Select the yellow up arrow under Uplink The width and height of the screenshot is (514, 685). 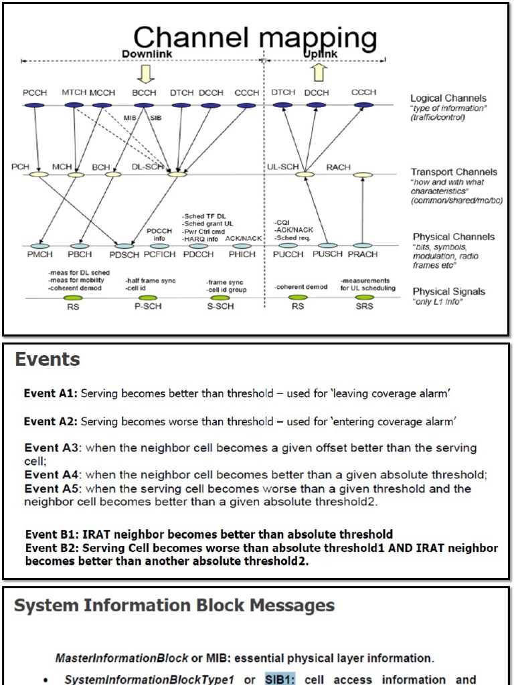coord(319,72)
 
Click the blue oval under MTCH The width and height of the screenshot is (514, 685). coord(74,105)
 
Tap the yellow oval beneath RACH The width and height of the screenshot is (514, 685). coord(363,175)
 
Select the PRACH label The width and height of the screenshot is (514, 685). coord(362,255)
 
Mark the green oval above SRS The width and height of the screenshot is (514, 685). coord(363,297)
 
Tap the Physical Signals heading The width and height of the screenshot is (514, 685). coord(448,292)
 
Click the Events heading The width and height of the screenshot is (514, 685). coord(48,361)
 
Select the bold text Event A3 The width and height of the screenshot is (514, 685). coord(53,447)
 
